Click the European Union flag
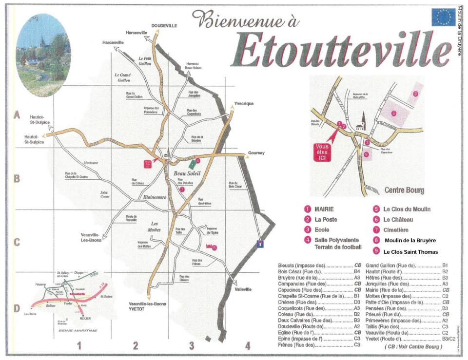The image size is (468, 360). (x=443, y=18)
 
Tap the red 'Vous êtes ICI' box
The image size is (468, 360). (x=323, y=151)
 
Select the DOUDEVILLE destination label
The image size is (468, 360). (x=164, y=25)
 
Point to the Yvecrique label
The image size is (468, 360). (x=243, y=104)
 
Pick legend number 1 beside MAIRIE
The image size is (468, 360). (x=308, y=209)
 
